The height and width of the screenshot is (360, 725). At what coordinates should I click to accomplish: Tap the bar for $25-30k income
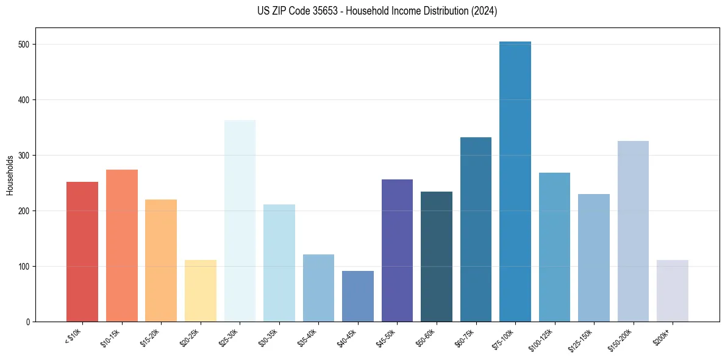pos(240,220)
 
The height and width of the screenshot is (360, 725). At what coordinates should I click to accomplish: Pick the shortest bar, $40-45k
pos(358,296)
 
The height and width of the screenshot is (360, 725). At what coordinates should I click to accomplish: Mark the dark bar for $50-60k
pos(437,256)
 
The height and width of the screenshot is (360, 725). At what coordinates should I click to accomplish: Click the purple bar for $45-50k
pos(397,250)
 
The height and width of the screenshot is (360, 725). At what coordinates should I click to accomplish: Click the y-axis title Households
pos(10,175)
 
